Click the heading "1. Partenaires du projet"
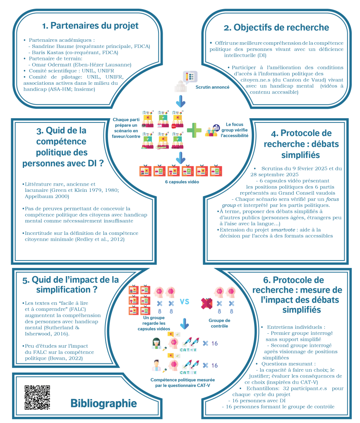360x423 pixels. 90,26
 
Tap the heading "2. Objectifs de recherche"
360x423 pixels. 276,28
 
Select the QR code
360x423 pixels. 38,398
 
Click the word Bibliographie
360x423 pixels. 103,403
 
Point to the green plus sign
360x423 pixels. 194,129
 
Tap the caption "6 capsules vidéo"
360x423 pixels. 180,182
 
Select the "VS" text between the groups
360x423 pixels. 185,301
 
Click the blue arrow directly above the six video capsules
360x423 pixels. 180,158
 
